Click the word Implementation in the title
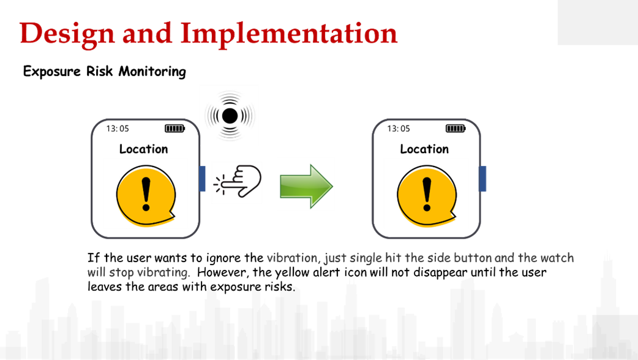[289, 34]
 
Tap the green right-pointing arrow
[306, 184]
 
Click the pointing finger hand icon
[237, 182]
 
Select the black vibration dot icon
[229, 115]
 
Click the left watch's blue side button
[203, 178]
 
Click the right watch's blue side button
[482, 178]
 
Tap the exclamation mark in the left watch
[145, 193]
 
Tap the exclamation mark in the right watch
[426, 193]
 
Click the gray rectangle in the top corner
[597, 23]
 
